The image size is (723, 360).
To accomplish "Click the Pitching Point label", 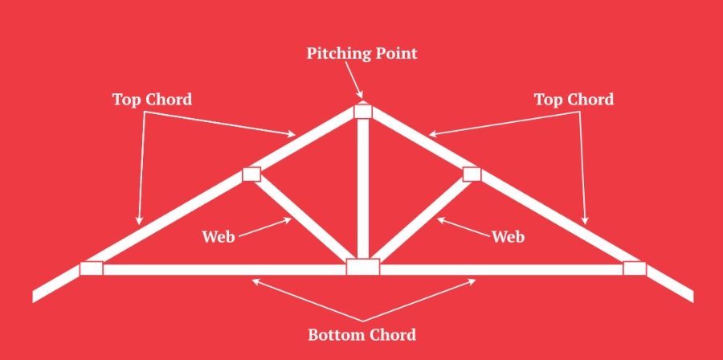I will click(361, 54).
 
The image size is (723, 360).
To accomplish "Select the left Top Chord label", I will click(152, 100).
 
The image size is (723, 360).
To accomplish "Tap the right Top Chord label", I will click(574, 100).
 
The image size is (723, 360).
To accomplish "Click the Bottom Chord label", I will click(361, 334).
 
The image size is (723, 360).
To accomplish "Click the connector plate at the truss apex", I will click(363, 112).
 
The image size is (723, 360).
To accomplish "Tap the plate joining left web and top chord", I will click(252, 174).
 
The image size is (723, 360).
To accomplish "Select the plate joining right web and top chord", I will click(472, 174).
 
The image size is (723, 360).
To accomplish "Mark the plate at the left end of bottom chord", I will click(92, 268).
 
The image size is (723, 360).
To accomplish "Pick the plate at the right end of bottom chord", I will click(635, 268).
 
